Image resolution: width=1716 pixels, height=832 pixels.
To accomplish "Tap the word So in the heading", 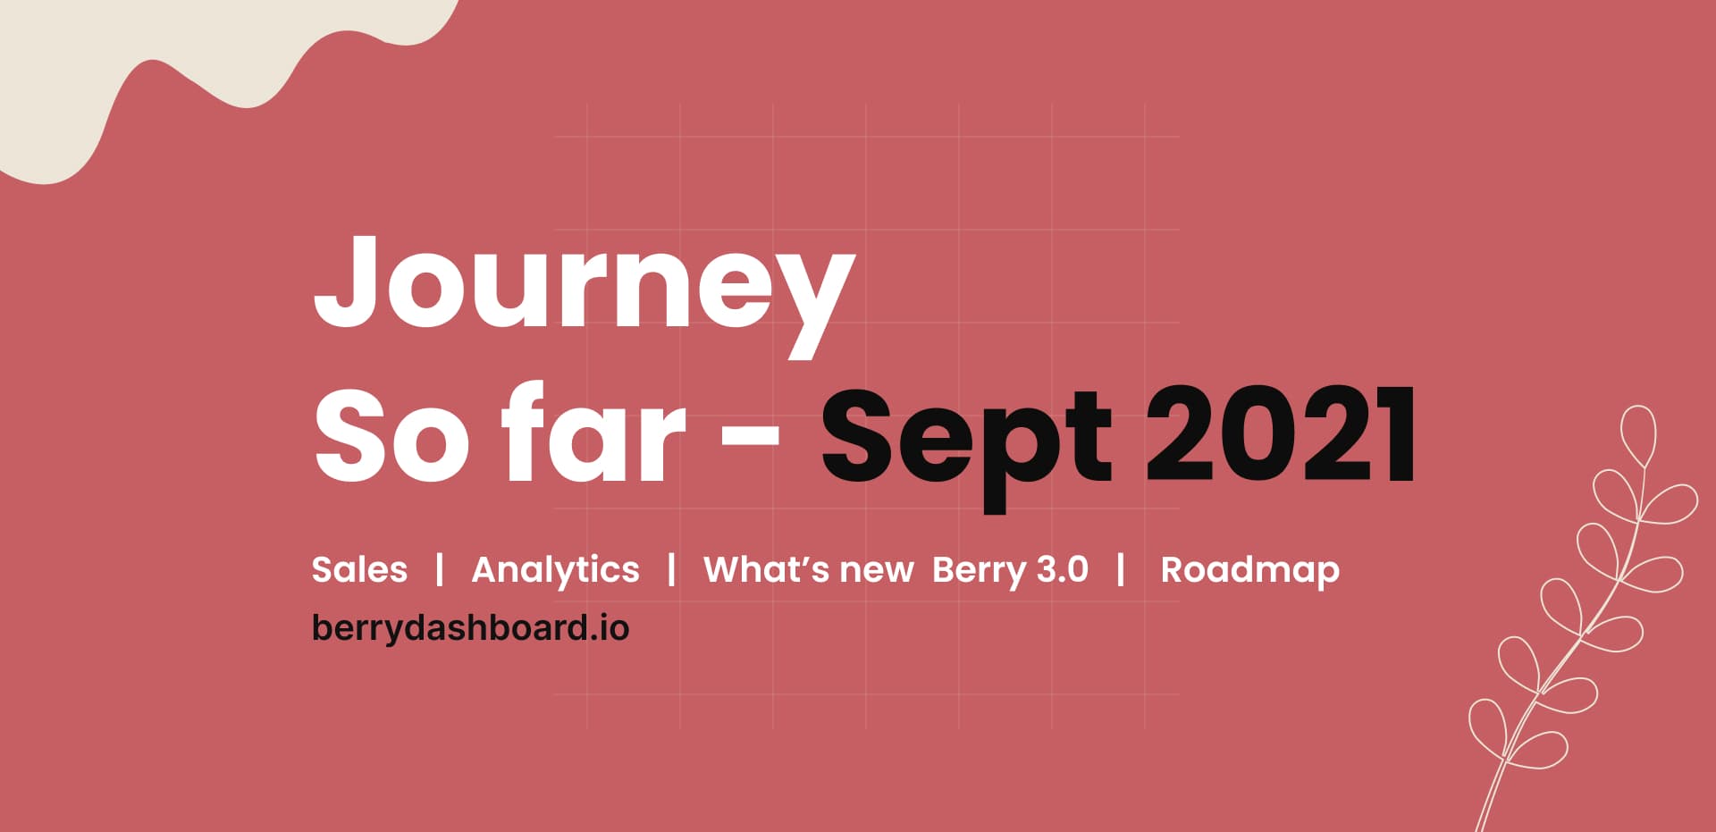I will [x=391, y=436].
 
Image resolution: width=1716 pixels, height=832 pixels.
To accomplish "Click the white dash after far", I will [x=750, y=438].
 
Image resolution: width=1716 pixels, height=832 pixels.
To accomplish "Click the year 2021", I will [x=1280, y=436].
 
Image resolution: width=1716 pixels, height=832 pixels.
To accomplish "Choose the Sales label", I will [x=359, y=570].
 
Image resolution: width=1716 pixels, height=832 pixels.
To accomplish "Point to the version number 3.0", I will [x=1063, y=570].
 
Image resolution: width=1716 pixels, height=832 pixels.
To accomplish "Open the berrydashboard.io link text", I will [x=470, y=627].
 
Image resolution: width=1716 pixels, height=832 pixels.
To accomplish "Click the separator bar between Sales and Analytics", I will [x=440, y=569].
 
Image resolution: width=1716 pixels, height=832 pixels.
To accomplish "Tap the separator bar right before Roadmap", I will [x=1121, y=569].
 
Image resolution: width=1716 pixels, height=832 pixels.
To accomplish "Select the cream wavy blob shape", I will [x=134, y=63].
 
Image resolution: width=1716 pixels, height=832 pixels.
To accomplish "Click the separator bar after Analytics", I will [x=671, y=569].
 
